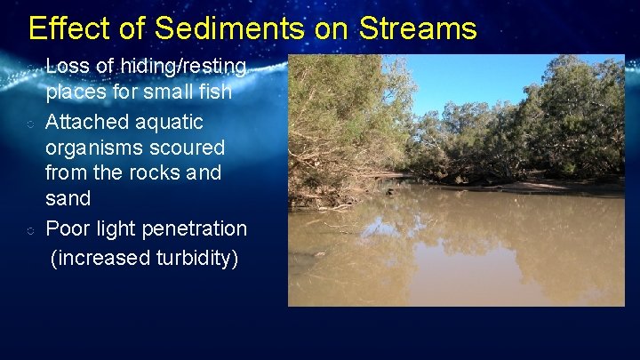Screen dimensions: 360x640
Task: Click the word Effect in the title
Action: [60, 28]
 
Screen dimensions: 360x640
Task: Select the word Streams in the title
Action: [418, 28]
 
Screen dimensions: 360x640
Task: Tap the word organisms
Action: [94, 148]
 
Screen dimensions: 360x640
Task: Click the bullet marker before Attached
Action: [30, 122]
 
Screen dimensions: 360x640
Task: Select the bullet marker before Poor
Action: [30, 229]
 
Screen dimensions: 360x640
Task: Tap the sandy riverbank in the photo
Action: [551, 188]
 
